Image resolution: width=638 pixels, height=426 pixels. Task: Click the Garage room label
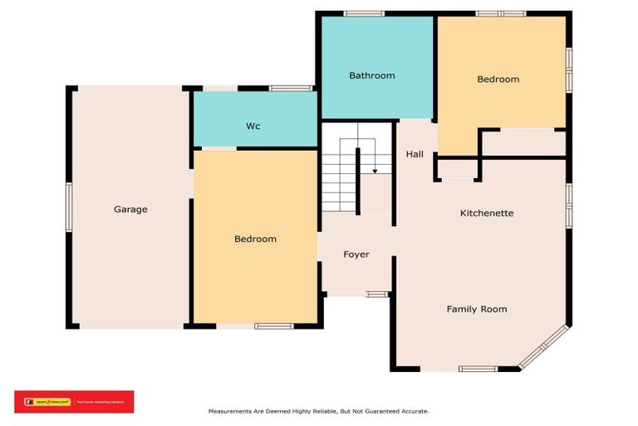pyautogui.click(x=130, y=210)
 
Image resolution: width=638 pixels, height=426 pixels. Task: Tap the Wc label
pyautogui.click(x=253, y=126)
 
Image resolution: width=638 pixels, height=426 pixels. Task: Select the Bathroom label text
pyautogui.click(x=371, y=76)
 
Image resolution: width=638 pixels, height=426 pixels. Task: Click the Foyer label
pyautogui.click(x=356, y=255)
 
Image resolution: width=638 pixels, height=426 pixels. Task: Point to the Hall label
pyautogui.click(x=415, y=155)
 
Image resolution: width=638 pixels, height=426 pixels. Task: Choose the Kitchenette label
pyautogui.click(x=487, y=214)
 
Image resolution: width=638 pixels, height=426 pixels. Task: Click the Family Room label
pyautogui.click(x=477, y=310)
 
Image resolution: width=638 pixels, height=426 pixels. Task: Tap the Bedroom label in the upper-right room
pyautogui.click(x=498, y=80)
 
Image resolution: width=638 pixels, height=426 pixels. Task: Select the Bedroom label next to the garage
pyautogui.click(x=255, y=240)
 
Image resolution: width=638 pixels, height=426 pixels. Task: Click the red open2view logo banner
pyautogui.click(x=74, y=402)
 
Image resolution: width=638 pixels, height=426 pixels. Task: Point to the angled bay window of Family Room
pyautogui.click(x=543, y=347)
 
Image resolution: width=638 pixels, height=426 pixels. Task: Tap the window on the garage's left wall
pyautogui.click(x=69, y=208)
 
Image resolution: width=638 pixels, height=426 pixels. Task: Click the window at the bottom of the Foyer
pyautogui.click(x=378, y=294)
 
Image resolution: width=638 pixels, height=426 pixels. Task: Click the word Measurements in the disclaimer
pyautogui.click(x=229, y=411)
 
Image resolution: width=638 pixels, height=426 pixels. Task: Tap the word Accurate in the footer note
pyautogui.click(x=413, y=411)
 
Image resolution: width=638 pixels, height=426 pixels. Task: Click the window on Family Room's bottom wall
pyautogui.click(x=478, y=369)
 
